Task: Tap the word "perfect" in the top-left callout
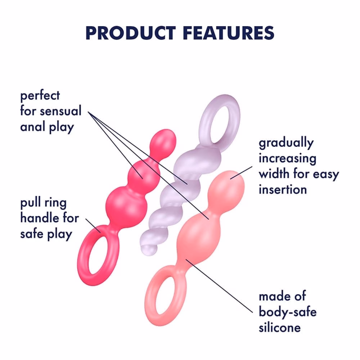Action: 40,96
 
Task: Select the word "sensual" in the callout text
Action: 61,111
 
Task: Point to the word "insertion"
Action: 283,189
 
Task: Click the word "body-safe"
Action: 288,312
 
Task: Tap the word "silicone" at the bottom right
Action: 280,327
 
